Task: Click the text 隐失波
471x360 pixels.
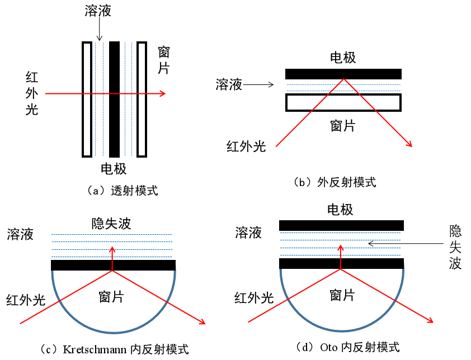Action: pos(111,224)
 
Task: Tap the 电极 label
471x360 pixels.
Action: pos(340,211)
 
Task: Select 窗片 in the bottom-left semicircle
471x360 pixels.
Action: pos(111,297)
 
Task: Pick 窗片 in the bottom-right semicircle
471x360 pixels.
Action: pos(342,295)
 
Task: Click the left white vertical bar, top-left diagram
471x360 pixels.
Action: pos(87,99)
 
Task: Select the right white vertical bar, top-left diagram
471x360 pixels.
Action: pos(142,99)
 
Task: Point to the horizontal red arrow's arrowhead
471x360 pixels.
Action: pos(163,93)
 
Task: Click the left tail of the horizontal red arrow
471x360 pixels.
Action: pos(46,93)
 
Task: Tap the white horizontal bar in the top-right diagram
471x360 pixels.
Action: pos(343,102)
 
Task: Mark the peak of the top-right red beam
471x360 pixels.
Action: pos(343,79)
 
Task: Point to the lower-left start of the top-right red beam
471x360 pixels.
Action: pos(276,146)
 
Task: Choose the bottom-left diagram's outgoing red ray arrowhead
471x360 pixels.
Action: pos(204,323)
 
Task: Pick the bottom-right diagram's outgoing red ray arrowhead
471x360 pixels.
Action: pos(432,321)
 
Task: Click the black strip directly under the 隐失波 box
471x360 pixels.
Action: pos(114,265)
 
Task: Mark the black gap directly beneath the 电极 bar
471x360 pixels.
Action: pos(342,225)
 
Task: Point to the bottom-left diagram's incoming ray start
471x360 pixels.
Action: pos(21,323)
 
